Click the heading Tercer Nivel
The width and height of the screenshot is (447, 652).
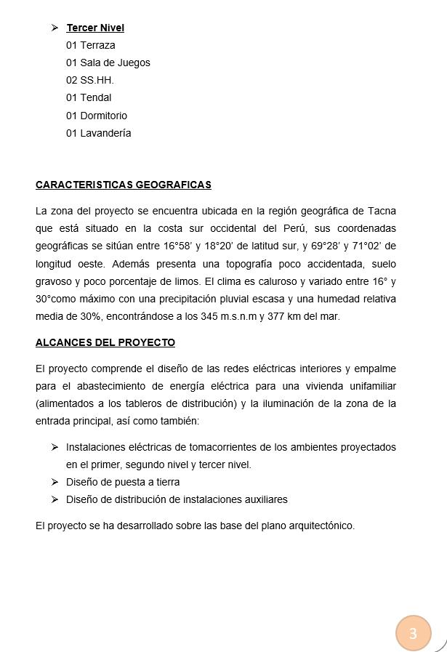pyautogui.click(x=95, y=28)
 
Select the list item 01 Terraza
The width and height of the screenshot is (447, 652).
pyautogui.click(x=91, y=45)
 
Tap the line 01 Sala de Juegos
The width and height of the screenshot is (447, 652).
pyautogui.click(x=108, y=63)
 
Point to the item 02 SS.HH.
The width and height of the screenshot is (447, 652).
pyautogui.click(x=90, y=80)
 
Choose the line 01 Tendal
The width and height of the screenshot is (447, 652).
pyautogui.click(x=89, y=97)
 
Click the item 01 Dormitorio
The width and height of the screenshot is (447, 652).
pyautogui.click(x=97, y=116)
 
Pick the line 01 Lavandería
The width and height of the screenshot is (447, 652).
pyautogui.click(x=99, y=133)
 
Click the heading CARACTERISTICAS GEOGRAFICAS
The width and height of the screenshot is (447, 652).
pyautogui.click(x=124, y=185)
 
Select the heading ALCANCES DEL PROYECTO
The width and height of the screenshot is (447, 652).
pyautogui.click(x=105, y=342)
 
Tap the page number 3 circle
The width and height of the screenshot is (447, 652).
pyautogui.click(x=414, y=633)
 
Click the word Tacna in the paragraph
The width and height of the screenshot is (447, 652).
pyautogui.click(x=382, y=211)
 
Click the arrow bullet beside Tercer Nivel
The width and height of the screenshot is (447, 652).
pyautogui.click(x=55, y=28)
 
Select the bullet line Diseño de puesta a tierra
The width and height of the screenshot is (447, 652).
pyautogui.click(x=123, y=482)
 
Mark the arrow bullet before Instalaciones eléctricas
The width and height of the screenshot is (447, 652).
pyautogui.click(x=55, y=447)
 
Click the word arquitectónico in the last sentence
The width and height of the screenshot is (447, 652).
pyautogui.click(x=318, y=526)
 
